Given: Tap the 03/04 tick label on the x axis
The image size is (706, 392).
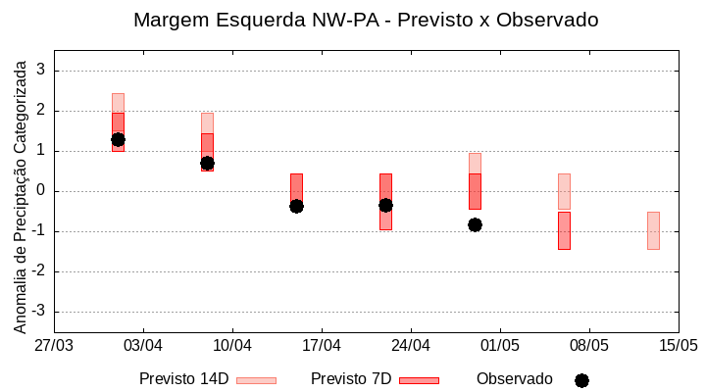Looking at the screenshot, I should click(x=143, y=345).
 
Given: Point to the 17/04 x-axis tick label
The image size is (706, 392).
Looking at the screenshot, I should click(x=322, y=345).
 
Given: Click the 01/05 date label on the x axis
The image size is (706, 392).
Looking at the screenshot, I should click(x=499, y=345).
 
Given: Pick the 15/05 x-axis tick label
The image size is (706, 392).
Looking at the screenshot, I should click(x=678, y=345).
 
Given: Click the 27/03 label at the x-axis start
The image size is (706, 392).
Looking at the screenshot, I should click(x=54, y=345).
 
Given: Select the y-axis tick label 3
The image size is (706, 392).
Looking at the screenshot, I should click(x=41, y=71).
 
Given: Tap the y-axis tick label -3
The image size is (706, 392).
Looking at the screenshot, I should click(x=38, y=312).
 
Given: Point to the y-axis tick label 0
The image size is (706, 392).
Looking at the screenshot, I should click(x=41, y=191).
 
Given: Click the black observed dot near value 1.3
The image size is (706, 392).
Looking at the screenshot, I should click(x=118, y=139).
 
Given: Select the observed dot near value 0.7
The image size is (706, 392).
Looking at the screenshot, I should click(x=207, y=163).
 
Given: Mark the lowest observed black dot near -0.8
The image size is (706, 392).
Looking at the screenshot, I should click(x=475, y=224).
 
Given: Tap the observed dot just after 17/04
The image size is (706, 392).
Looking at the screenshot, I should click(x=296, y=206).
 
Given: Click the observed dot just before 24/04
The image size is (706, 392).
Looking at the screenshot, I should click(x=385, y=205).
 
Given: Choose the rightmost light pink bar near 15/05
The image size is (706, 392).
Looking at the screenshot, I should click(x=653, y=230).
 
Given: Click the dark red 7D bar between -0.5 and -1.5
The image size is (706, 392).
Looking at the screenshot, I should click(x=564, y=230).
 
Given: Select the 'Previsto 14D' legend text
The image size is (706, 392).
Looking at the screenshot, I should click(x=183, y=379).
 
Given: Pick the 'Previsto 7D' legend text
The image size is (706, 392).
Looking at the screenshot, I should click(x=351, y=379).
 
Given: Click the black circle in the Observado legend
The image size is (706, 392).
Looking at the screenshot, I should click(x=581, y=380).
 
